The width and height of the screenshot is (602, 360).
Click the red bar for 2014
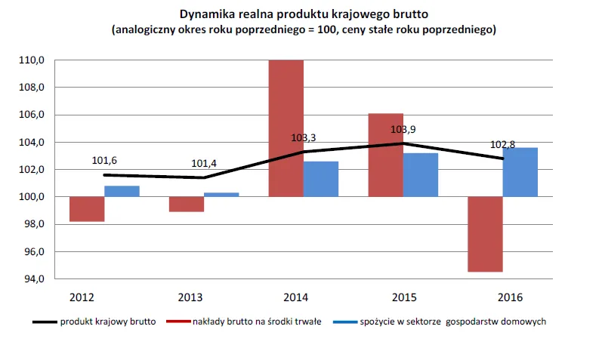point(286,128)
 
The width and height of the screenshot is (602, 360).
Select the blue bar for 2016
point(520,172)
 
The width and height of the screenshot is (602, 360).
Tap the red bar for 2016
point(484,234)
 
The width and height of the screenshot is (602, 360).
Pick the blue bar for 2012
point(122,191)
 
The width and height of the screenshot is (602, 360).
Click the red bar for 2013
point(186,204)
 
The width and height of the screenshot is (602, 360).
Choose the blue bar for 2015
point(420,175)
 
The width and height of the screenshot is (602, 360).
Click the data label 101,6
point(105,160)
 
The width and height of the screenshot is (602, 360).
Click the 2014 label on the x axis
point(304,297)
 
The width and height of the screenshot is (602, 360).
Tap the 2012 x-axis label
point(83,297)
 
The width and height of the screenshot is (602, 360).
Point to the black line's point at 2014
point(304,152)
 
